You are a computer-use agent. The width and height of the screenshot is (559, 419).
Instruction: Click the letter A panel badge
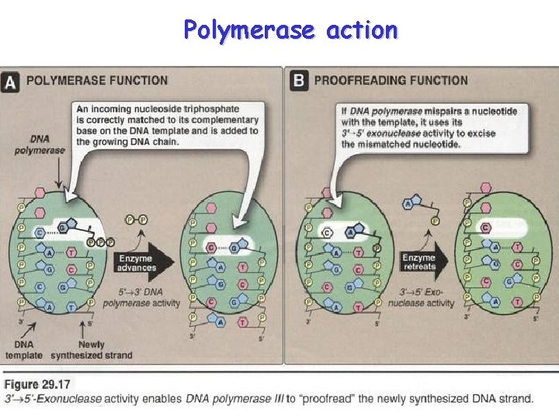pos(12,81)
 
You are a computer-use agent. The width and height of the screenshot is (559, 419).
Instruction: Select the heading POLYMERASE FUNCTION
pos(97,80)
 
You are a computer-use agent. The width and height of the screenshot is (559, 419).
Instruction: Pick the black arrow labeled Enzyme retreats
pos(422,261)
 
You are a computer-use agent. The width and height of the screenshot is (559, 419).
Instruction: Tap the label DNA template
pos(24,350)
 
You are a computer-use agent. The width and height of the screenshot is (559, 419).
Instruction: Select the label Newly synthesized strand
pos(92,350)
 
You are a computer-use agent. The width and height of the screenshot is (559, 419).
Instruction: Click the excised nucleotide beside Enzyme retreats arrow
pos(416,209)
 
